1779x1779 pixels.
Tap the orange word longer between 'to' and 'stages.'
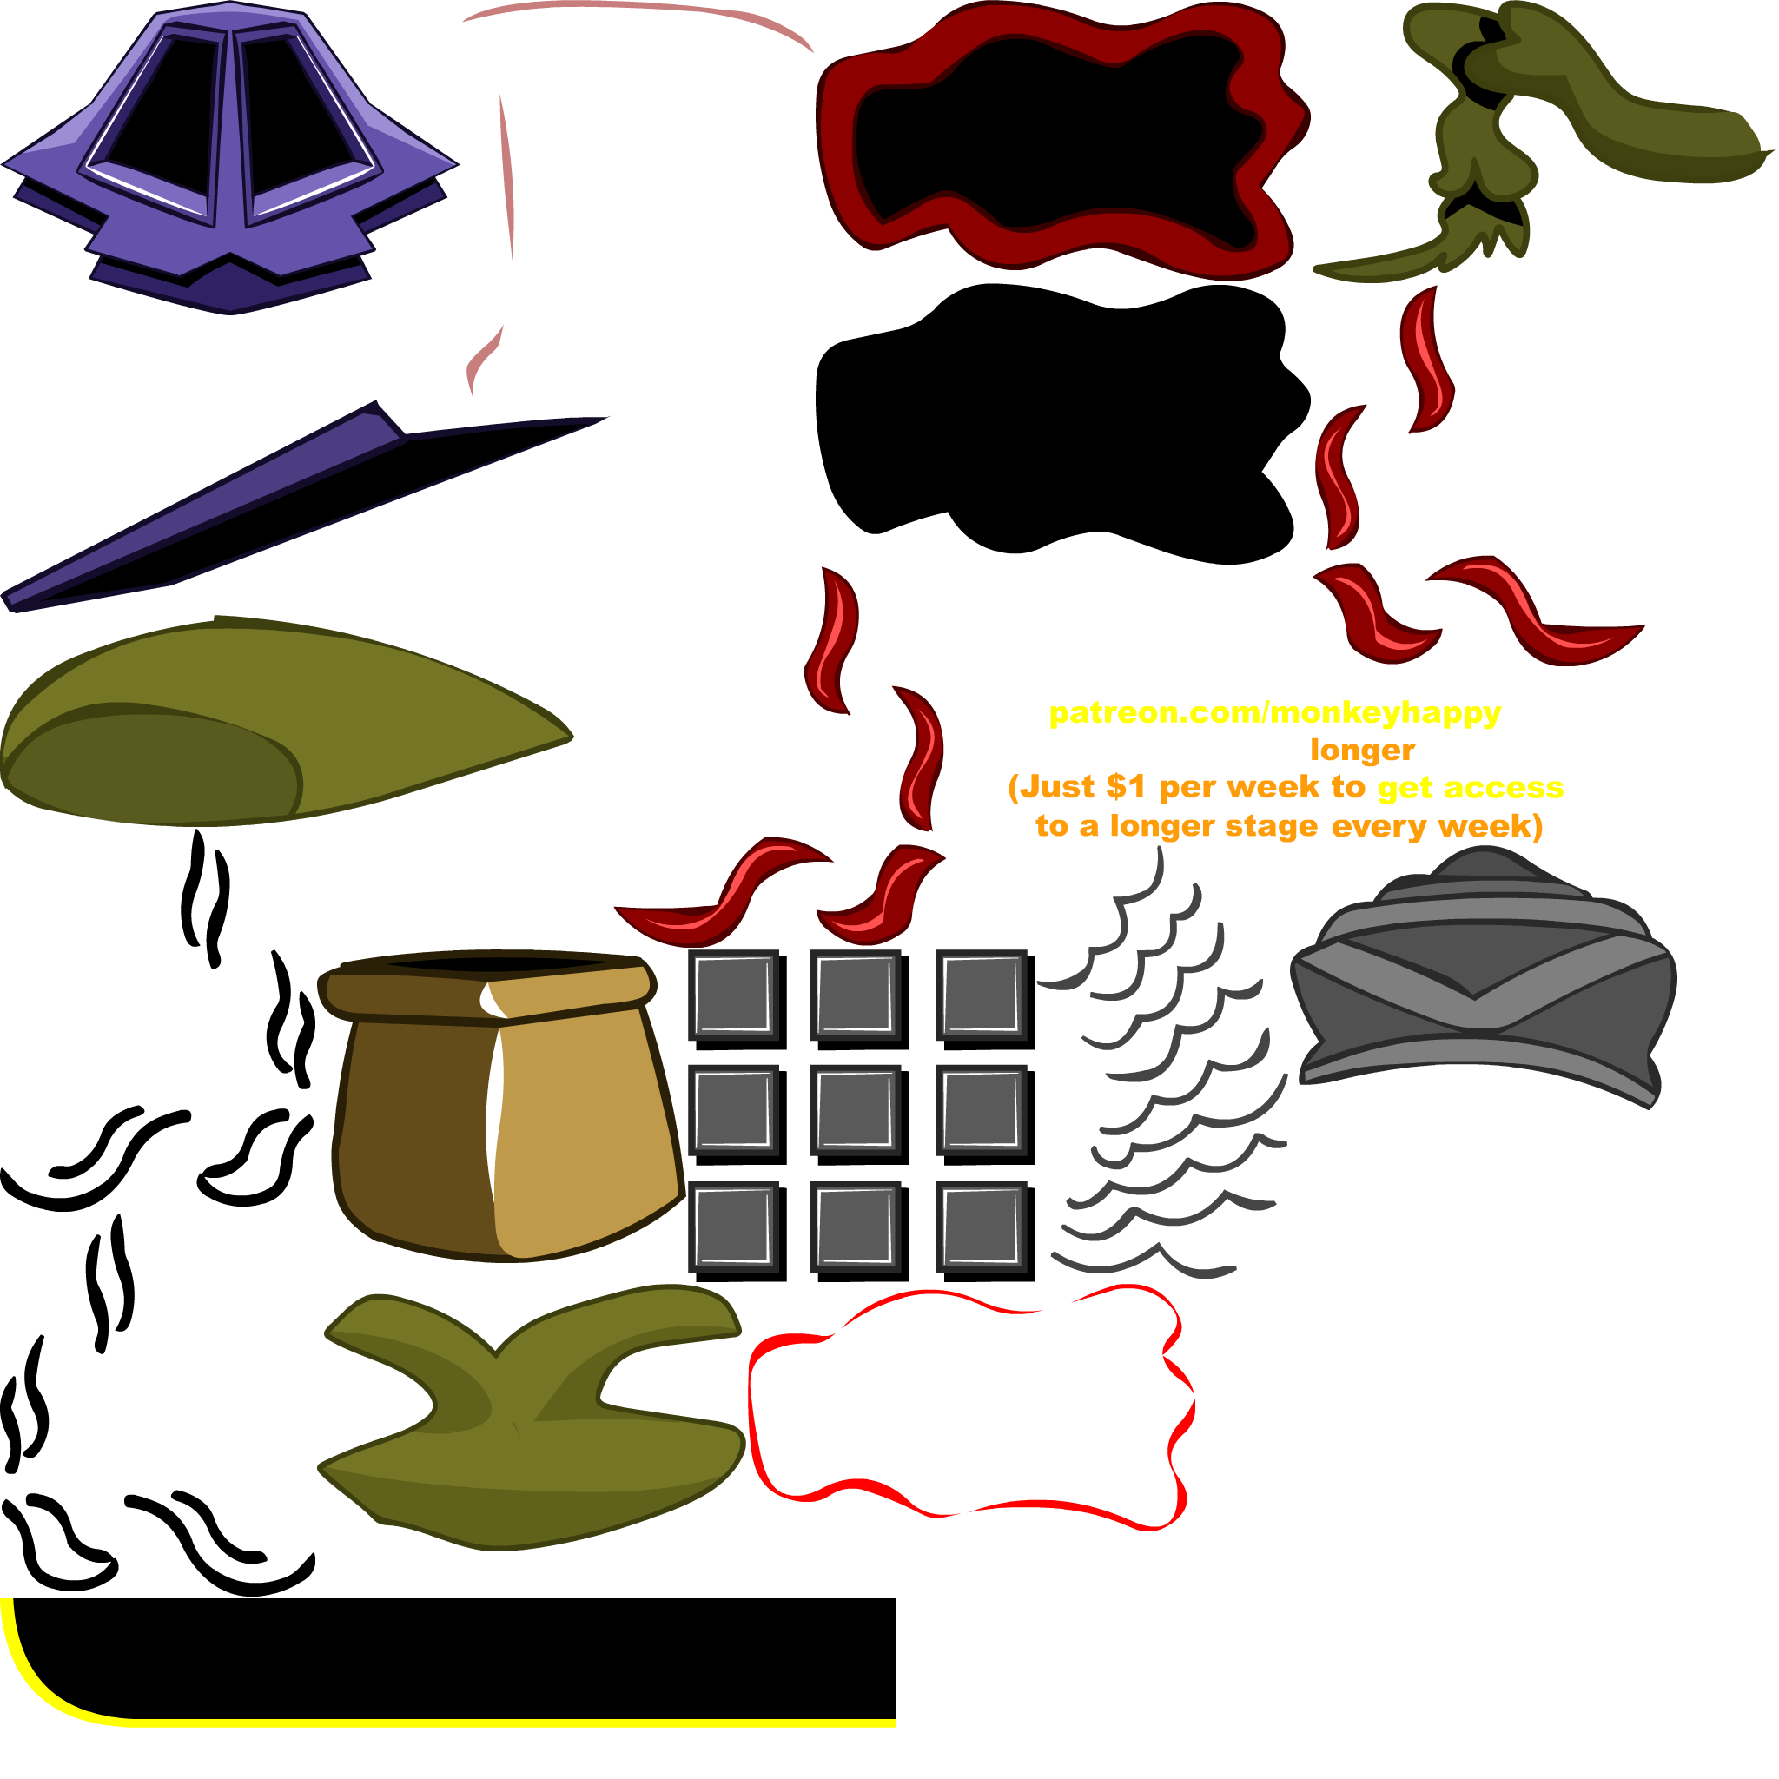[1362, 751]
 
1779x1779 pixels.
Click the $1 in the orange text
[1125, 787]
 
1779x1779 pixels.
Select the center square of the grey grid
[855, 1110]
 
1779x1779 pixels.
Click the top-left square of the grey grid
[733, 995]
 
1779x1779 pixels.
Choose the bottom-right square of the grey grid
[981, 1227]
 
